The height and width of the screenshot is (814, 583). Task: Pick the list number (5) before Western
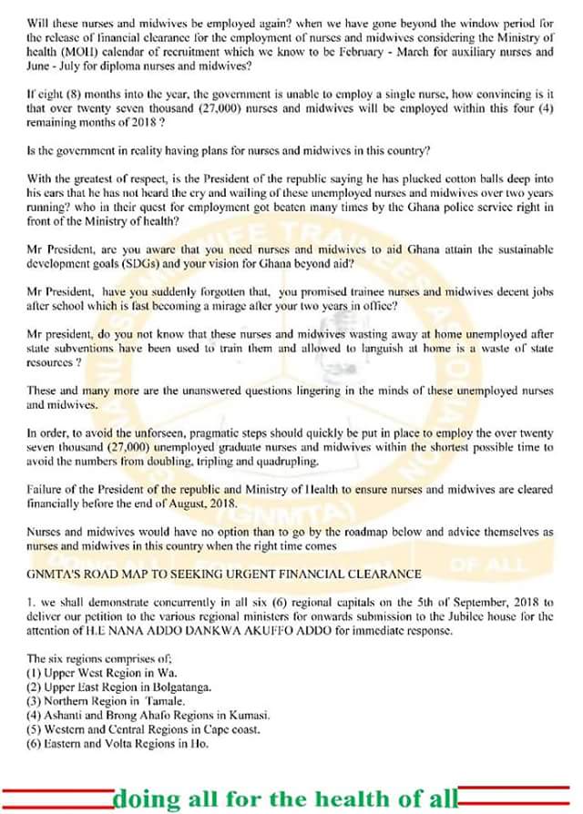pyautogui.click(x=36, y=728)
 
